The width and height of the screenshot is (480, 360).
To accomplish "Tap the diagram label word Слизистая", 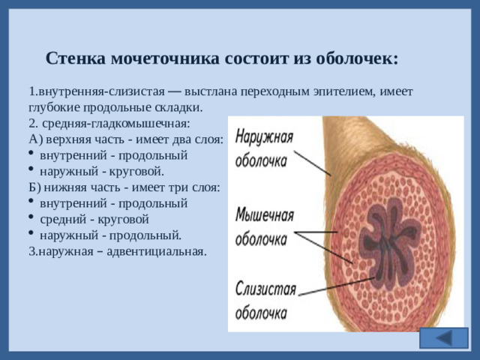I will tap(265, 289).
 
